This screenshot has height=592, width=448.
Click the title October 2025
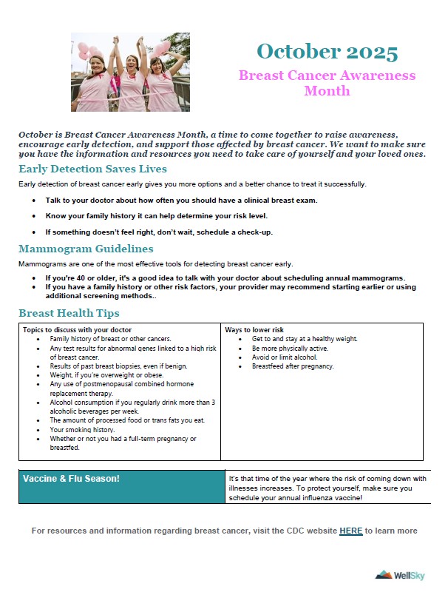point(327,52)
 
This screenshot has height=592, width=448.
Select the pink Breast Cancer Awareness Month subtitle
point(327,83)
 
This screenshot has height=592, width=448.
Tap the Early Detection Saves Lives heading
point(92,169)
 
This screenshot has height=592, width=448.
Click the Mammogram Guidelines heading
point(86,249)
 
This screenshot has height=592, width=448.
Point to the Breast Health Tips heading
point(69,313)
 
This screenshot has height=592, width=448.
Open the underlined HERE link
point(351,531)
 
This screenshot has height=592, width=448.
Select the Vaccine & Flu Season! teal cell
point(121,486)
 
